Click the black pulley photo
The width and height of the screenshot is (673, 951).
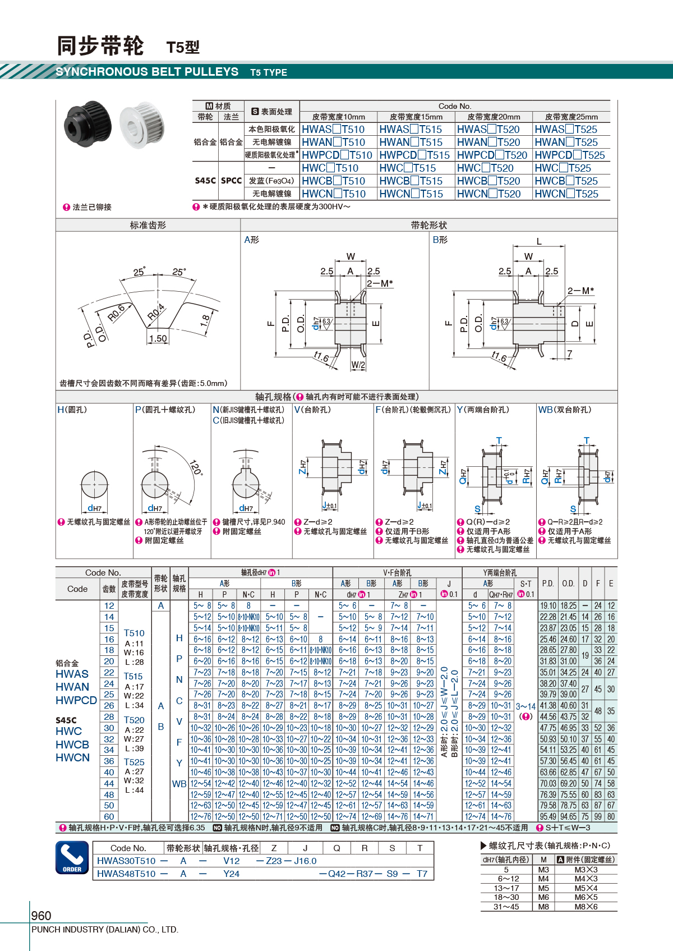(x=88, y=123)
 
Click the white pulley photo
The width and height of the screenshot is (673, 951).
(x=142, y=125)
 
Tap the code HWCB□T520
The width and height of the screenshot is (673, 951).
(x=488, y=181)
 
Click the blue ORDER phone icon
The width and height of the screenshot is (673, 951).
(x=72, y=857)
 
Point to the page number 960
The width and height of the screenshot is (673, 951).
(x=41, y=915)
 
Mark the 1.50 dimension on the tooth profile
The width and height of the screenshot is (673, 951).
(x=158, y=338)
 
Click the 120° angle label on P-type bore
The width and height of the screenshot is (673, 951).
(x=196, y=467)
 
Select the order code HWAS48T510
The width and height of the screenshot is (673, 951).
(x=126, y=874)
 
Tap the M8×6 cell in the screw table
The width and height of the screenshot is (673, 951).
(x=586, y=907)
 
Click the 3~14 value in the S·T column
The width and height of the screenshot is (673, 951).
(x=526, y=706)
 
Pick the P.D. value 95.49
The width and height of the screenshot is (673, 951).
(x=548, y=816)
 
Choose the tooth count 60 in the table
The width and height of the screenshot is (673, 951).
(x=109, y=816)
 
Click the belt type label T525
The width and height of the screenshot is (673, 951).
(x=134, y=762)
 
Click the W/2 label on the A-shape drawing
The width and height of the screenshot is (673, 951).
(x=358, y=365)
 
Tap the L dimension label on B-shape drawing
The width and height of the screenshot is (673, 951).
(x=539, y=242)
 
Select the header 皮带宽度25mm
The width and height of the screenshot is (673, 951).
(x=571, y=117)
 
